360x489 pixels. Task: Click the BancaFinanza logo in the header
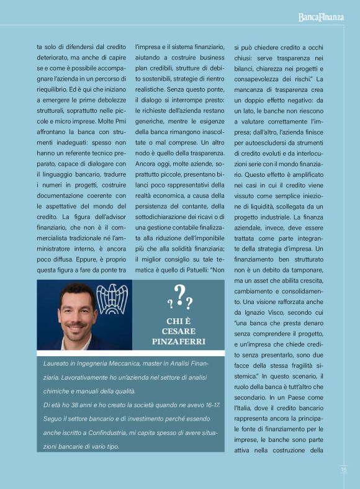[x=320, y=17]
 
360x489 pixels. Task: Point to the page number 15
[x=343, y=469]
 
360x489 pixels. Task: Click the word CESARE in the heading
[x=179, y=331]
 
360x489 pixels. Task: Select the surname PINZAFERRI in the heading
[x=179, y=342]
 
